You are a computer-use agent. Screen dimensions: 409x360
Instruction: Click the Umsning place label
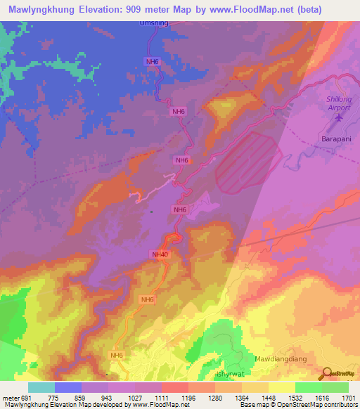tap(154, 22)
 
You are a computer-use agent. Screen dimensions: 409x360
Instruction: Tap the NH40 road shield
tap(160, 254)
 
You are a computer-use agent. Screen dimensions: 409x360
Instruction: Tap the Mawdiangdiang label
tap(283, 358)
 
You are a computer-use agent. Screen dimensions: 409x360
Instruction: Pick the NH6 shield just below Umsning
tap(153, 62)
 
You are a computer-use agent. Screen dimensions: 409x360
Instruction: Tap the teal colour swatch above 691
tap(41, 387)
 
